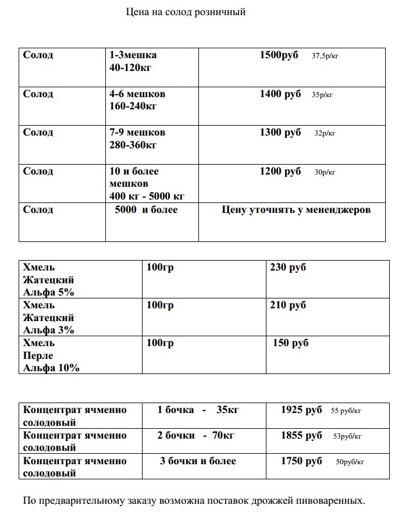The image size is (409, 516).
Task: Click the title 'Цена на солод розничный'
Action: pos(186,12)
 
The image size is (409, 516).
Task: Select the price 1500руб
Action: pos(279,55)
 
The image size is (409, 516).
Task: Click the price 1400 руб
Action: pos(280,94)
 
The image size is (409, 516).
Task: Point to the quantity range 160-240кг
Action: pos(133,106)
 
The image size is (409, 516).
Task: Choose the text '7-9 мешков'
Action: pos(137,132)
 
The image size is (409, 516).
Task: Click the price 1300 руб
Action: pos(280,132)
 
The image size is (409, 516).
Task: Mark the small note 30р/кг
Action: pos(325,172)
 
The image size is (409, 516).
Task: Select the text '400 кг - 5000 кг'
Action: pos(147,196)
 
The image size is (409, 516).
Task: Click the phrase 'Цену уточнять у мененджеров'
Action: pos(296,209)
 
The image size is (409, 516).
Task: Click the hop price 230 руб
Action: pos(288,267)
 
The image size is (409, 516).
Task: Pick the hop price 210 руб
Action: pos(288,305)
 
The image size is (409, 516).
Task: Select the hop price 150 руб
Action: pos(291,343)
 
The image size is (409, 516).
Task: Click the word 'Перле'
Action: pos(38,355)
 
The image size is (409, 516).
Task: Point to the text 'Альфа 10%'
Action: pos(51,368)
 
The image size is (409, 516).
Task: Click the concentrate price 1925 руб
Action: pos(301,410)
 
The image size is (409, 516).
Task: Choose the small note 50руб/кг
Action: pos(350,462)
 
